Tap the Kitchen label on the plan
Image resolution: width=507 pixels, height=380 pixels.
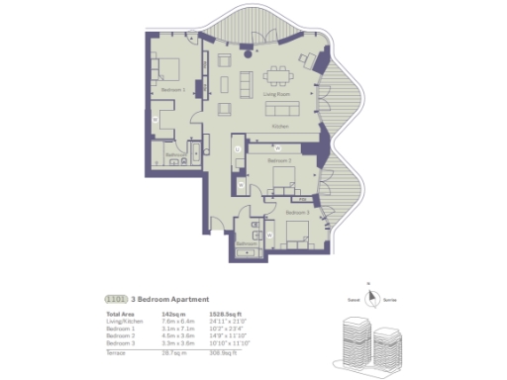(281, 128)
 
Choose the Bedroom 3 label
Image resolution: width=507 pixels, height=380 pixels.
(297, 212)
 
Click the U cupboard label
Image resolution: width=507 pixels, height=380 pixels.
(239, 149)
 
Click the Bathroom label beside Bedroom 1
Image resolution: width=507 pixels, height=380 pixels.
(176, 155)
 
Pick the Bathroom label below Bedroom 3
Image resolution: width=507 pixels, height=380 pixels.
(246, 242)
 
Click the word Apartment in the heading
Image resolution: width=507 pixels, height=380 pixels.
(188, 298)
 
